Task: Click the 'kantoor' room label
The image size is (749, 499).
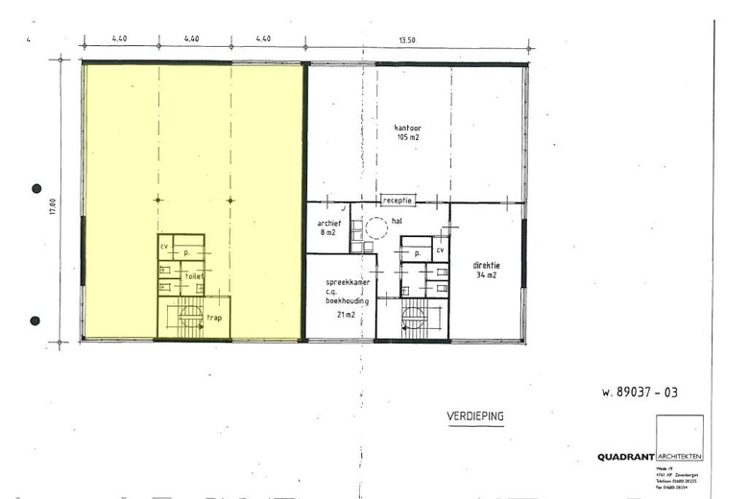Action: (x=408, y=128)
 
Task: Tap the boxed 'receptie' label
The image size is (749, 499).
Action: (x=397, y=201)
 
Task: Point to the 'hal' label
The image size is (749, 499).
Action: (x=395, y=220)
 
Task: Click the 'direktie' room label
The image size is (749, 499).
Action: (x=488, y=264)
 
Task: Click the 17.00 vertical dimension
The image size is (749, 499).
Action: (x=53, y=206)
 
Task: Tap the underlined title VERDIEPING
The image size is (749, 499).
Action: (x=475, y=416)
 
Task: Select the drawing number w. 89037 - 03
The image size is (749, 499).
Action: (x=639, y=392)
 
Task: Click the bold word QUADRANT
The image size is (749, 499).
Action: (x=625, y=457)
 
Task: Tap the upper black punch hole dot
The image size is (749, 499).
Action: (x=36, y=189)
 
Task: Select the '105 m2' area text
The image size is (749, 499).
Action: (x=408, y=137)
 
